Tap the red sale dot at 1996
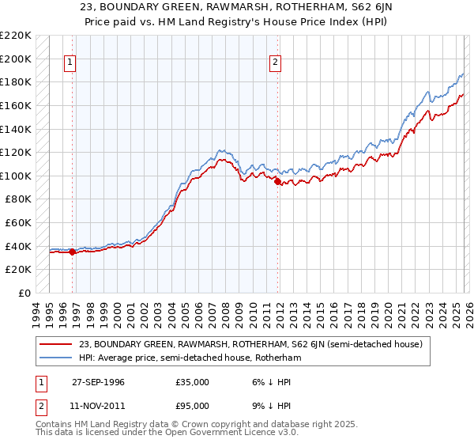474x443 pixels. coord(73,252)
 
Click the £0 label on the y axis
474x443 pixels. coord(24,293)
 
